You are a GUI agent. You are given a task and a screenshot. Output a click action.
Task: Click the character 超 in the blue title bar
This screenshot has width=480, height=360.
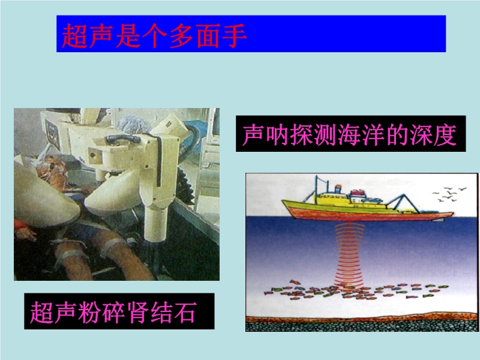(75, 35)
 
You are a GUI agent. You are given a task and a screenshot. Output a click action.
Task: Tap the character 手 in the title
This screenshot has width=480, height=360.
(234, 35)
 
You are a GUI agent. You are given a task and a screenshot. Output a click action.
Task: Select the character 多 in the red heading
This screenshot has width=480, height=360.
(181, 35)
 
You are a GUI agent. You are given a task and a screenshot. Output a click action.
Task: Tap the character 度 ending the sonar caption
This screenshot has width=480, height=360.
(445, 134)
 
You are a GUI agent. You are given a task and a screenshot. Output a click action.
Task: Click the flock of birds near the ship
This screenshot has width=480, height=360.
(449, 194)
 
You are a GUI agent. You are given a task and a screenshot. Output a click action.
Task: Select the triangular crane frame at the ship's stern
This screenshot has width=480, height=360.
(403, 203)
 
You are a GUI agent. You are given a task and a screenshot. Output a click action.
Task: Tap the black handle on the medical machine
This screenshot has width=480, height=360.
(123, 138)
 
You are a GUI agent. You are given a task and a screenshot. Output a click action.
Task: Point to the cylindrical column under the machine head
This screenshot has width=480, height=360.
(155, 223)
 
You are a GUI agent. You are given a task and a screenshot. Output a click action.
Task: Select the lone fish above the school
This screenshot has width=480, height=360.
(294, 281)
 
